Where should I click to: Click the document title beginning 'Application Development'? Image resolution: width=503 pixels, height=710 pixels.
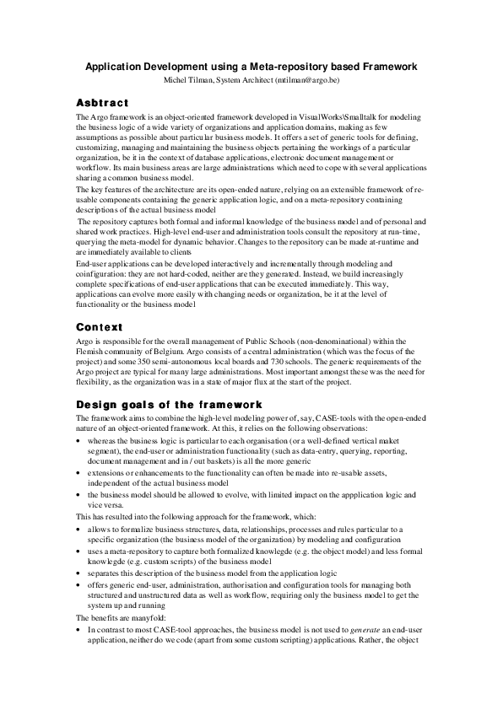pos(251,66)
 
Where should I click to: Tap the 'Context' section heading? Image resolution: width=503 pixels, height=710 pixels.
pos(100,326)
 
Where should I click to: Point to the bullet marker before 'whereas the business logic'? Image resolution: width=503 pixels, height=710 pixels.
pos(78,440)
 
